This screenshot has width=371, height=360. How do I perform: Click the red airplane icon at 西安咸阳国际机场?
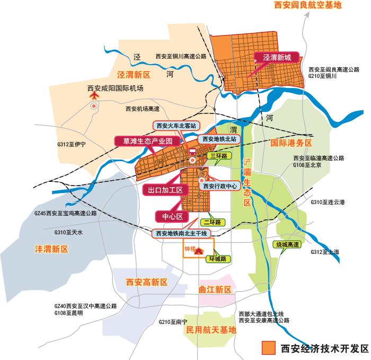coord(94,96)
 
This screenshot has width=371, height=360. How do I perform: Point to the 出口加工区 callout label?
coord(165,189)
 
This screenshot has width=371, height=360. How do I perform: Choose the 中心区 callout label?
coord(172,216)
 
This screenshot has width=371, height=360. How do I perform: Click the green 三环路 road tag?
coord(218,156)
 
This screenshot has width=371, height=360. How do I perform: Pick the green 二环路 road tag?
coord(215,222)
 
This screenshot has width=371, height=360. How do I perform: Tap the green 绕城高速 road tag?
coord(287,244)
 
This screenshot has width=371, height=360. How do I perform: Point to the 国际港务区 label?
coord(291,143)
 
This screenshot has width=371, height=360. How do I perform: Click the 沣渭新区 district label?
coord(51,249)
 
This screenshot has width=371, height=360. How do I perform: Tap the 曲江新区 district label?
coord(215,289)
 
